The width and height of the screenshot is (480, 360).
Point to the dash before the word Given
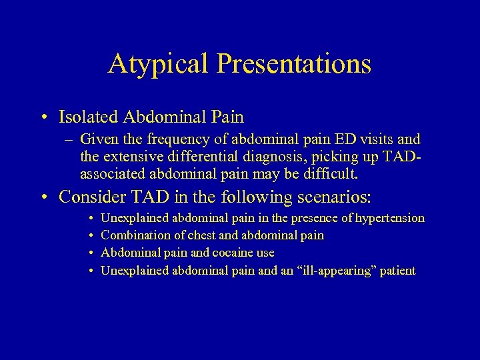click(69, 140)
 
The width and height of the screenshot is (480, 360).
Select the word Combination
click(133, 235)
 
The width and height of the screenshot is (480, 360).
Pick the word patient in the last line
click(398, 270)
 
